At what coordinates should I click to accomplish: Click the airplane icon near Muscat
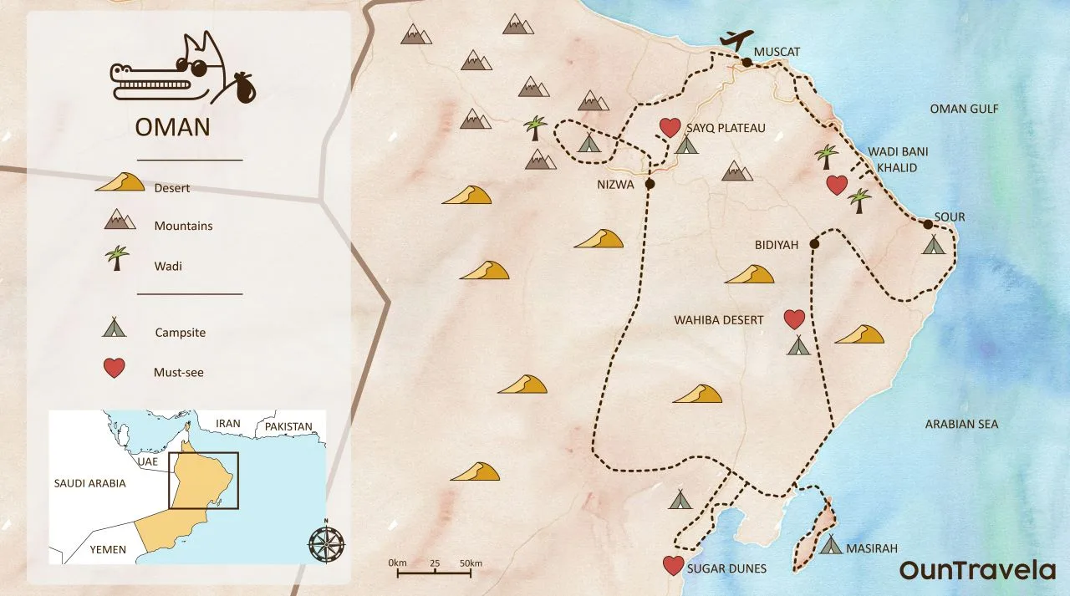(736, 39)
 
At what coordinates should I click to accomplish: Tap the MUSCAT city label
(777, 52)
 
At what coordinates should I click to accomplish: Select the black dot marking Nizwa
(650, 184)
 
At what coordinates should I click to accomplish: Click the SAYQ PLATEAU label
(725, 129)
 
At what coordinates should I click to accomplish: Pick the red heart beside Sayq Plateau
(670, 127)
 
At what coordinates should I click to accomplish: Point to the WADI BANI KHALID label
(898, 160)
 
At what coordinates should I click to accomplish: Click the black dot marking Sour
(927, 224)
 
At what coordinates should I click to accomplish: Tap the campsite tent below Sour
(933, 245)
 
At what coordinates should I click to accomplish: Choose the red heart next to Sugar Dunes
(673, 566)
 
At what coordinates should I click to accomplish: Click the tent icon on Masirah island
(830, 545)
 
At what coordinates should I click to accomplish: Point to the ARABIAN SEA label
(961, 425)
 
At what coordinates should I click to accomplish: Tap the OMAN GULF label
(964, 110)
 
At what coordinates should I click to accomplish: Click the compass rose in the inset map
(326, 543)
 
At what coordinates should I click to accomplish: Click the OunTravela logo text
(977, 570)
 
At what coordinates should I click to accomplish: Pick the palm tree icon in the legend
(117, 258)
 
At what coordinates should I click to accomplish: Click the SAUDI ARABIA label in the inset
(89, 483)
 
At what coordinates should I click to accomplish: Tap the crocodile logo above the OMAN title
(184, 73)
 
